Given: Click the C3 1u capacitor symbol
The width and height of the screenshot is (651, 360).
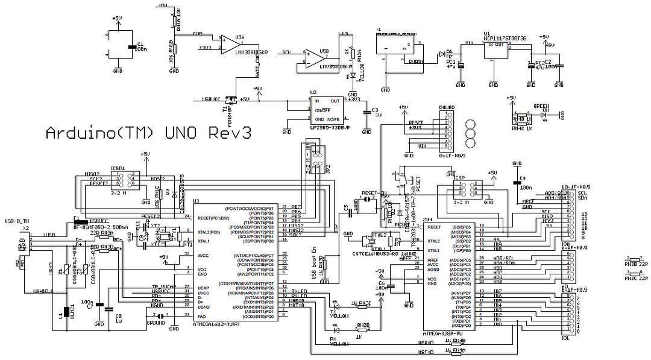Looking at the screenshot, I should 366,111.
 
